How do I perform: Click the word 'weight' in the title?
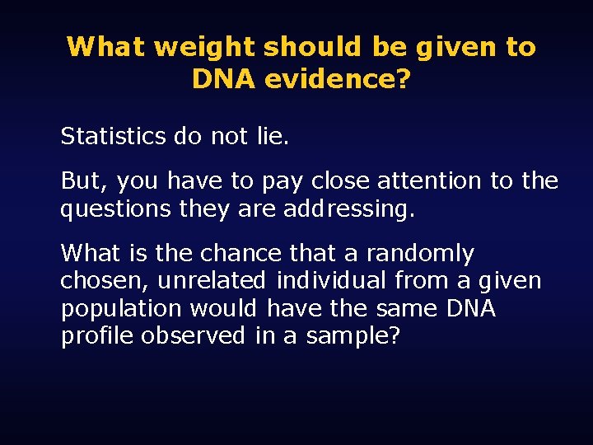[203, 47]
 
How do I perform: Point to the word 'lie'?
[269, 136]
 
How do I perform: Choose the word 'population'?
[121, 309]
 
